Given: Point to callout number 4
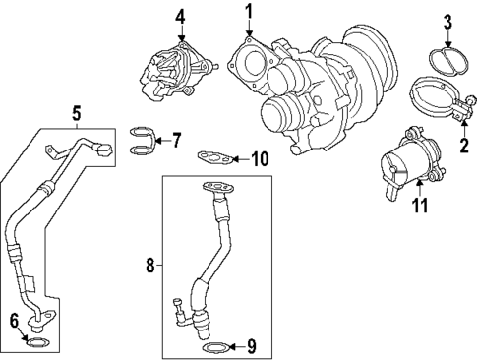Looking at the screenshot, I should (x=180, y=17).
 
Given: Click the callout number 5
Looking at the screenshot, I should (x=77, y=113).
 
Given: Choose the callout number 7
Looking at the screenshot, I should (x=176, y=140).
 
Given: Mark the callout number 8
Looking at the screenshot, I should (x=150, y=265).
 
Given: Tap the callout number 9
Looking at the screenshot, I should (x=251, y=346).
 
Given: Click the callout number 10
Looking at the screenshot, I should (x=259, y=157).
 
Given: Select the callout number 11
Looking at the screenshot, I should (x=420, y=207).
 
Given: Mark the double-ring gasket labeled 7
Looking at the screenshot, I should (x=142, y=140).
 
